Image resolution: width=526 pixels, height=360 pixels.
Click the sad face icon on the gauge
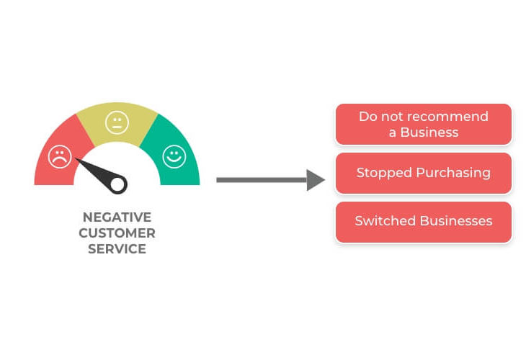pyautogui.click(x=60, y=156)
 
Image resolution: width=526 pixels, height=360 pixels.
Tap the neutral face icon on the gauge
pyautogui.click(x=117, y=122)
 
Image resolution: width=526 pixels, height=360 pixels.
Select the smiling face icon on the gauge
pyautogui.click(x=174, y=156)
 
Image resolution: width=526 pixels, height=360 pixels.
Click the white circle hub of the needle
pyautogui.click(x=117, y=184)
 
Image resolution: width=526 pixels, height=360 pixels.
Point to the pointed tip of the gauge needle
pyautogui.click(x=76, y=158)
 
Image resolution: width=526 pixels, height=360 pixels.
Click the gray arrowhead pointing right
pyautogui.click(x=316, y=180)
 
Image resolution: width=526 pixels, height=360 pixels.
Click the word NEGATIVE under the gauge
pyautogui.click(x=117, y=217)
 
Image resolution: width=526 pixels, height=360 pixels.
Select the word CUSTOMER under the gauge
pyautogui.click(x=117, y=233)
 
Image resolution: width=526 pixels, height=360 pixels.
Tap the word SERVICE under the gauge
pyautogui.click(x=117, y=249)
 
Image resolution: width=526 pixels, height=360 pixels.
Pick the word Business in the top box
pyautogui.click(x=429, y=132)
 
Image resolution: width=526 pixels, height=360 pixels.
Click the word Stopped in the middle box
pyautogui.click(x=384, y=173)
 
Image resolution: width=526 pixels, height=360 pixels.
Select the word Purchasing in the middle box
pyautogui.click(x=453, y=173)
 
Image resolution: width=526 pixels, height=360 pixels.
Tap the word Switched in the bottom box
pyautogui.click(x=385, y=221)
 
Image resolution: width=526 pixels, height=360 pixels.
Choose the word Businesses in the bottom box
pyautogui.click(x=456, y=221)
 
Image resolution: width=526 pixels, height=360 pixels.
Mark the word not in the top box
pyautogui.click(x=394, y=117)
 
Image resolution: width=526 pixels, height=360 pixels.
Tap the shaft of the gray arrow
pyautogui.click(x=262, y=180)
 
